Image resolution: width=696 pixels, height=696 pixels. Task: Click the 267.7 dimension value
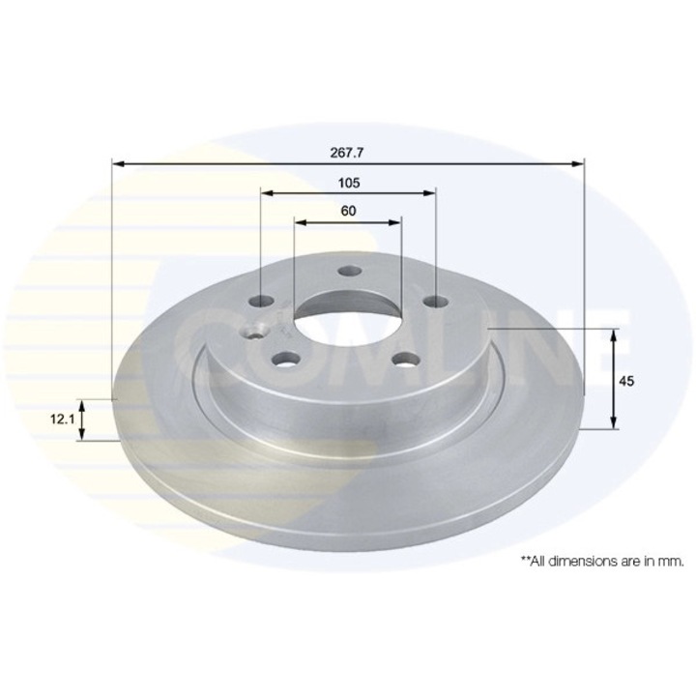point(349,152)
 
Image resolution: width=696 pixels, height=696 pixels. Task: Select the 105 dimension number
point(349,182)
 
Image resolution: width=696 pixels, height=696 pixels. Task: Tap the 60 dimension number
point(348,211)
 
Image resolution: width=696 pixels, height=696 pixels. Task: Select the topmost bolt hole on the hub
point(348,273)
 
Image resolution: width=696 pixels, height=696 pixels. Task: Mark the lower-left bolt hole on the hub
point(284,360)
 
